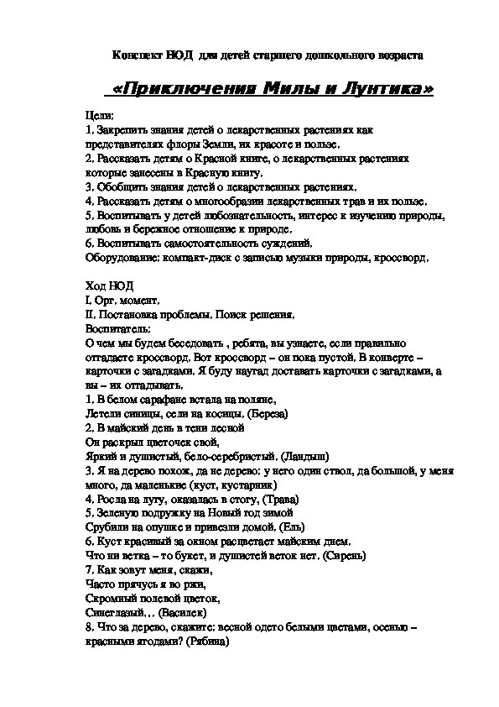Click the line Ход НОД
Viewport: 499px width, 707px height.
[x=110, y=286]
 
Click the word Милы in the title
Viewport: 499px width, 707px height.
[x=298, y=89]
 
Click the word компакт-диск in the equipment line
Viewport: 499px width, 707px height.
[x=223, y=258]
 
